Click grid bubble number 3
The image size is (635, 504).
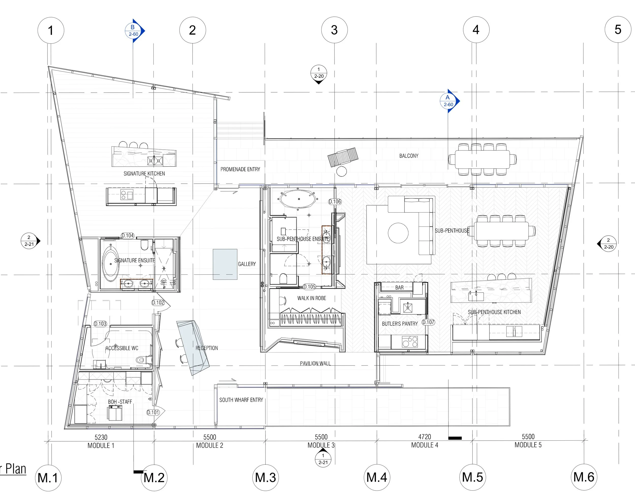(334, 30)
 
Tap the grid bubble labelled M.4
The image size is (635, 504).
(377, 477)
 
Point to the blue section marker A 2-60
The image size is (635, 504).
(449, 101)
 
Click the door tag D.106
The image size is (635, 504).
(335, 201)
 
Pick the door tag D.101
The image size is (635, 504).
(153, 412)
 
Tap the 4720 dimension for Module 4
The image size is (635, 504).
(424, 437)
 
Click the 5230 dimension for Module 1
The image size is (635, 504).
(101, 437)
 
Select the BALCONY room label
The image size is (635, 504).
(409, 156)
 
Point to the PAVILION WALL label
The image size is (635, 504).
(315, 363)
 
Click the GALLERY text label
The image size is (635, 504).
(247, 264)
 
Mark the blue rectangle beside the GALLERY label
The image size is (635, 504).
(225, 264)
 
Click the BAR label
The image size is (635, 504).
(399, 288)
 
